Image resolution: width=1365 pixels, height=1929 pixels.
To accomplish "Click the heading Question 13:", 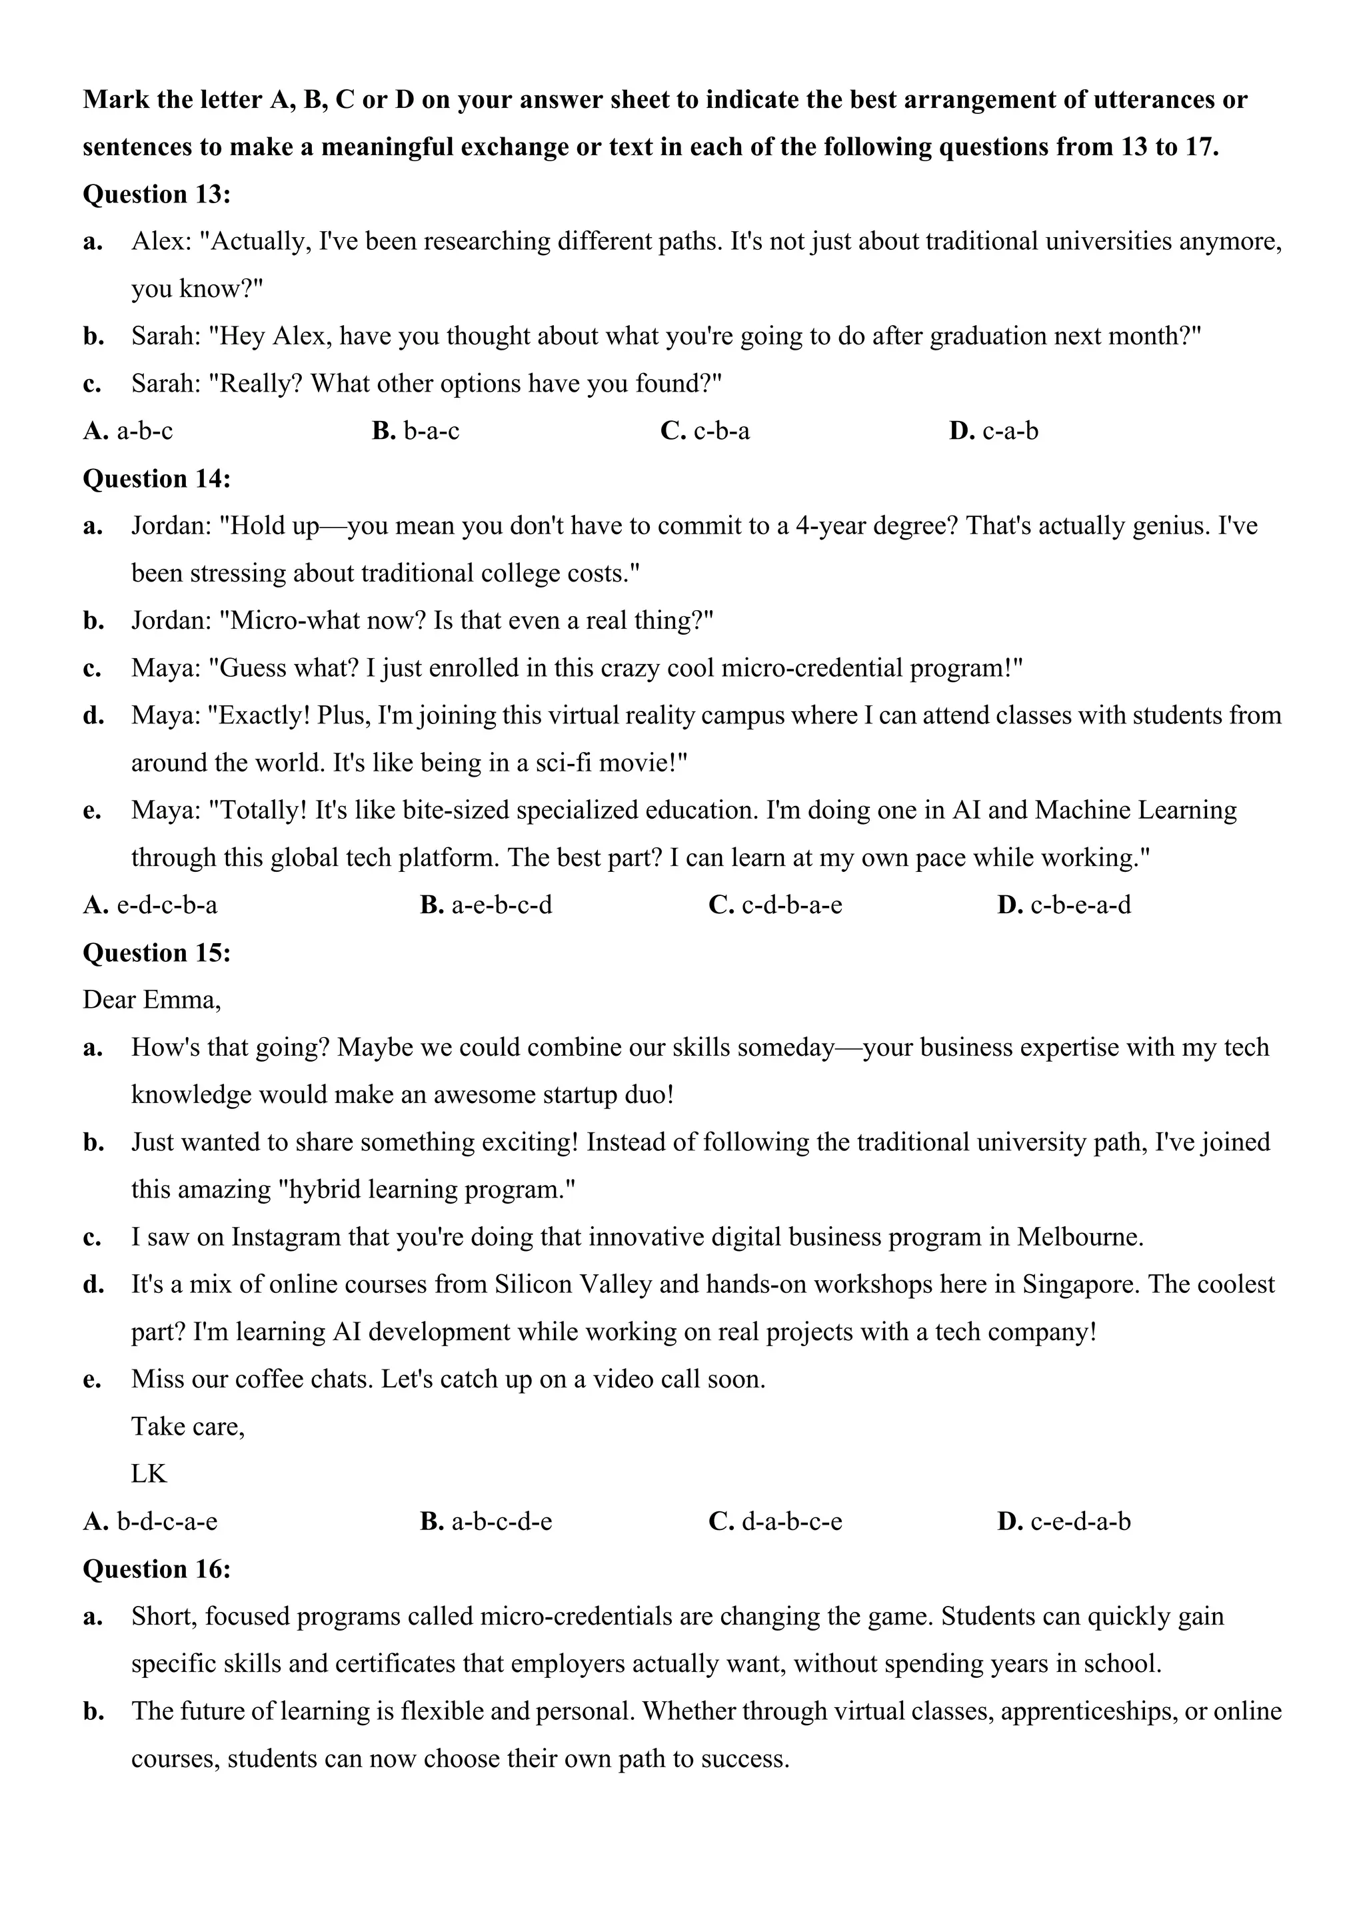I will [x=157, y=194].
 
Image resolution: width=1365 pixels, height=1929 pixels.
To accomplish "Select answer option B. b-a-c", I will [x=415, y=431].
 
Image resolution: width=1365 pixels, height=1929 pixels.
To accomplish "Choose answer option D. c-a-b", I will [x=994, y=431].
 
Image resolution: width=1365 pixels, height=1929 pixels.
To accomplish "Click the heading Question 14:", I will [x=157, y=479].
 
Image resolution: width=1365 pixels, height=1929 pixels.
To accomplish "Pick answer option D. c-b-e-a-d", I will [x=1064, y=905].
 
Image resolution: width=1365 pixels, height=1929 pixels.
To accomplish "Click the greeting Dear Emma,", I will [x=151, y=1000].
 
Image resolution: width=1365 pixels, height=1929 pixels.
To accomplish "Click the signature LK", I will [x=149, y=1473].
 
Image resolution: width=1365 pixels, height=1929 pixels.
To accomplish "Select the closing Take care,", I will [x=187, y=1425].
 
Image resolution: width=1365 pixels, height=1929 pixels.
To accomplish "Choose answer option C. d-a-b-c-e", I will [x=775, y=1521].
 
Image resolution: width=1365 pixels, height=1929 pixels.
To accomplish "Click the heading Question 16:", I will [x=157, y=1569].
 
